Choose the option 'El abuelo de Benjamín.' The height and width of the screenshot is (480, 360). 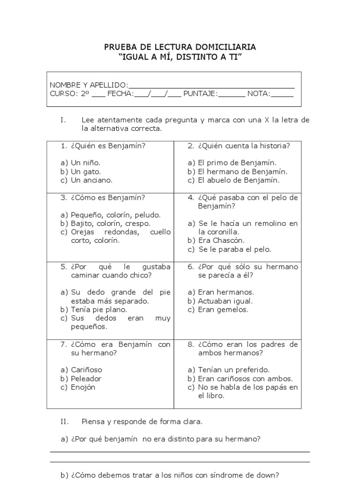pyautogui.click(x=239, y=180)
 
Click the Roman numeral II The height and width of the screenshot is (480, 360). pyautogui.click(x=65, y=421)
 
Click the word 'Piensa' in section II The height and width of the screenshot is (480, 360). pyautogui.click(x=93, y=421)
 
